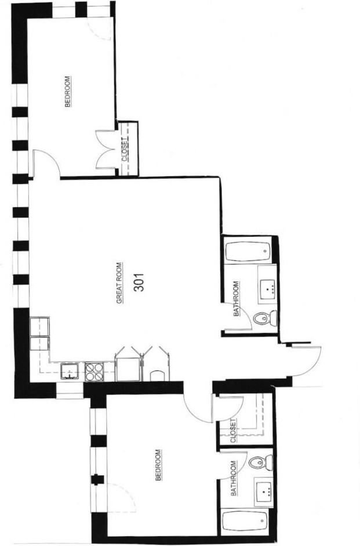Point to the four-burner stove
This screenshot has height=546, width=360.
click(94, 370)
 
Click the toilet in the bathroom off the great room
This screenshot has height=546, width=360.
click(264, 318)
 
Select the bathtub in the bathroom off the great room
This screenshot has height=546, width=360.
click(248, 252)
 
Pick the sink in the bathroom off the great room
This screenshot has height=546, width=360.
click(267, 287)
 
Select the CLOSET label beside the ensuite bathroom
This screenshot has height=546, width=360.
click(234, 430)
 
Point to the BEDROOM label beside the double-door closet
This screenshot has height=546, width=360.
click(68, 92)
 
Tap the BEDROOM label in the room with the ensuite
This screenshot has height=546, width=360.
click(158, 465)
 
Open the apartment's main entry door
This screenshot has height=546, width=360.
click(306, 363)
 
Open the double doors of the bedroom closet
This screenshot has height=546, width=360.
click(106, 150)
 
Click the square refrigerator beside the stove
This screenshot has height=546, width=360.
click(128, 369)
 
